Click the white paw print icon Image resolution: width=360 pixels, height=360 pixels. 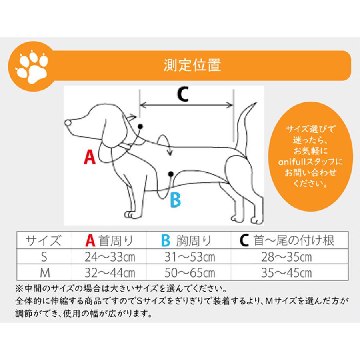[x=32, y=66]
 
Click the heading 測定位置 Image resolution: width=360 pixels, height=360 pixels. [x=192, y=65]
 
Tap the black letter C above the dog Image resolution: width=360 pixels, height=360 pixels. [x=183, y=94]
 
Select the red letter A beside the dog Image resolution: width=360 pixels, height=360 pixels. [x=90, y=157]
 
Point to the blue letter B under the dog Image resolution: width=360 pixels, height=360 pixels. [x=176, y=200]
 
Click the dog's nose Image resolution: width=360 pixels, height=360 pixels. [x=68, y=123]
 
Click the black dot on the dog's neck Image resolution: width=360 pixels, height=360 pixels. [x=140, y=126]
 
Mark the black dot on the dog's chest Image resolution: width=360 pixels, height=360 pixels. [x=171, y=174]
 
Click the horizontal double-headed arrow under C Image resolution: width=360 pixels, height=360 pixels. [x=186, y=105]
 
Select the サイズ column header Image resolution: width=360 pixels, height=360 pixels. [x=44, y=241]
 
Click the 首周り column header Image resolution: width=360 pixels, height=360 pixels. [x=110, y=241]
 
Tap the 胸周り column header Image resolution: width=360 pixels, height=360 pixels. [x=186, y=241]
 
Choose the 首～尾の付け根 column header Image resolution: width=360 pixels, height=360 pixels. [x=287, y=240]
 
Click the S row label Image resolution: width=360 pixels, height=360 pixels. [x=44, y=257]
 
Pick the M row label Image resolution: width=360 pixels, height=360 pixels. [x=45, y=273]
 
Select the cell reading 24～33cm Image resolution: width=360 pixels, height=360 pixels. [x=110, y=257]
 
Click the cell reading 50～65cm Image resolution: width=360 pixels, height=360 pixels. [x=190, y=273]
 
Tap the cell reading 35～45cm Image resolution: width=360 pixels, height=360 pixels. [x=286, y=273]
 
